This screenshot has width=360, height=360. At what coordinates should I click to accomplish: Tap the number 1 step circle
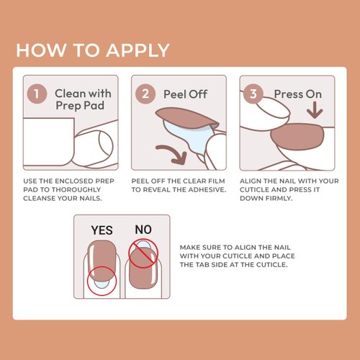coord(37,94)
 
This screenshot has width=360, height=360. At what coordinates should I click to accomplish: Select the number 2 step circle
coord(147,94)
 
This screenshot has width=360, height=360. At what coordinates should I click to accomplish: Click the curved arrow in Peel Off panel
coord(173,151)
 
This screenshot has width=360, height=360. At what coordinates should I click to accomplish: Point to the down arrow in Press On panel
coord(315,114)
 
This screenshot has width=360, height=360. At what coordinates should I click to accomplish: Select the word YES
coord(102,230)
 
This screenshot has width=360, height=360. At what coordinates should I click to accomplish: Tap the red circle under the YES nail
coord(101,282)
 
